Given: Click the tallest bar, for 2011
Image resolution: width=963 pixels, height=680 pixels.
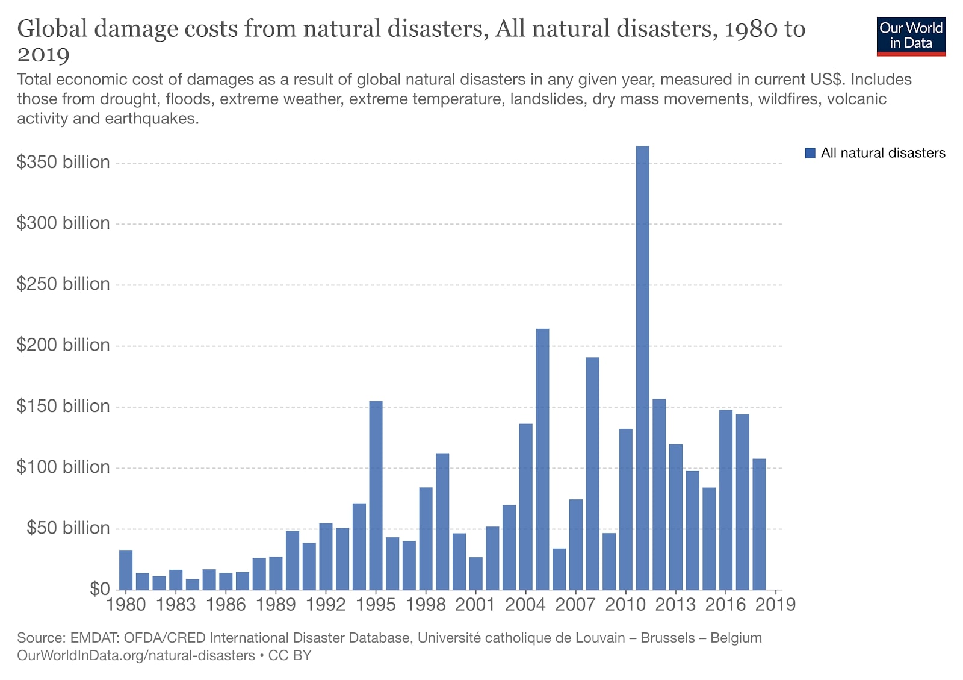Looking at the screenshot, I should point(642,367).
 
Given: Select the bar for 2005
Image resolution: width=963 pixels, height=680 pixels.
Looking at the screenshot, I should point(542,459).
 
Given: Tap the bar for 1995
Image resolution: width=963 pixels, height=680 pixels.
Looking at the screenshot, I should point(376,495).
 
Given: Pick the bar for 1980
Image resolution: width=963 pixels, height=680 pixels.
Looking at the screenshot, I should point(126,570).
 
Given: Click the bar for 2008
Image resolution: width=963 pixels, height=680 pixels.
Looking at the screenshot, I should point(592,473).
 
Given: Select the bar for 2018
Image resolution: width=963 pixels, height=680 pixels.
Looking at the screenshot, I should point(759,524).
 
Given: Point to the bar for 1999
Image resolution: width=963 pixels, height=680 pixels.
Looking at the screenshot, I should point(442,521).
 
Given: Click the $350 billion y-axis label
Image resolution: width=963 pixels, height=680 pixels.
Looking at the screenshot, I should point(63,162).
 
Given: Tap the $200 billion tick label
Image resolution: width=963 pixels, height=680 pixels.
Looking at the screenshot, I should point(63,345).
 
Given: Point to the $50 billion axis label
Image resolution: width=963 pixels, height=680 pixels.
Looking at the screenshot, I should point(68,528).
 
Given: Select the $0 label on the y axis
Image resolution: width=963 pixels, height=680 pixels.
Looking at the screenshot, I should point(99,588).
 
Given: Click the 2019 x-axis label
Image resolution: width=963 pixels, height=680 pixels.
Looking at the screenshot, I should point(775,604).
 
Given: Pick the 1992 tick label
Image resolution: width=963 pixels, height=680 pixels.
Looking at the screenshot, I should point(326,604).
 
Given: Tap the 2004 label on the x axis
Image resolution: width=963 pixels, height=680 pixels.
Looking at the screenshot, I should point(525,604).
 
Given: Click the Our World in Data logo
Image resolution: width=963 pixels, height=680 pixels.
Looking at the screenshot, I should point(911,36).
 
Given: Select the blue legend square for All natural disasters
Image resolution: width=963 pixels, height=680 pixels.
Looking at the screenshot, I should point(810,153).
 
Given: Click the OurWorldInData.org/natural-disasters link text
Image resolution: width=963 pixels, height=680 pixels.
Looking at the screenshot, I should point(136,655).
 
